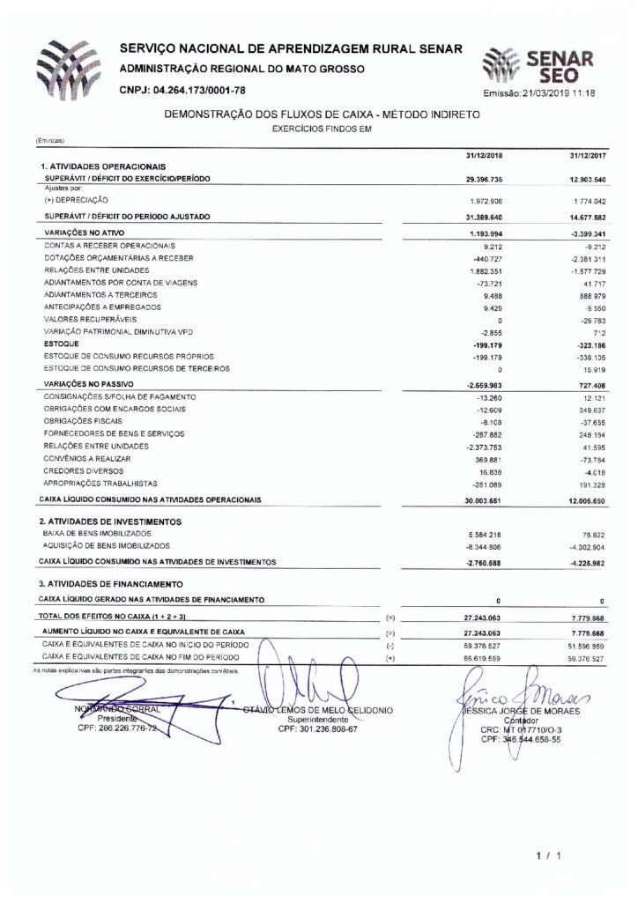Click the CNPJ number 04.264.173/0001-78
[x=182, y=91]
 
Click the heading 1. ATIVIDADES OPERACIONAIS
[x=104, y=166]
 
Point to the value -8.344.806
[x=483, y=546]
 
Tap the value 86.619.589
[x=483, y=658]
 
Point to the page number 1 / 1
[x=546, y=854]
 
